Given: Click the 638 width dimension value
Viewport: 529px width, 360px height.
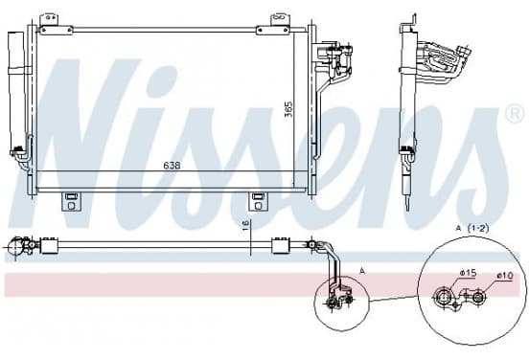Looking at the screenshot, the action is coord(172,166).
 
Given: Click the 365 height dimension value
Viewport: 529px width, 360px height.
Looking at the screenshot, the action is coord(288,109).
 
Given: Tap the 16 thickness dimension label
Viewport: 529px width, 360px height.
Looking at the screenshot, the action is coord(245,225).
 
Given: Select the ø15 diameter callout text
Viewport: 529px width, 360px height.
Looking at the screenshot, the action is coord(468,273).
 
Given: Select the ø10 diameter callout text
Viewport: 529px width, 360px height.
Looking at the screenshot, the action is coord(505,276).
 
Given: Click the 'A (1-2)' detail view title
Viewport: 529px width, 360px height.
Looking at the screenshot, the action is coord(472,228).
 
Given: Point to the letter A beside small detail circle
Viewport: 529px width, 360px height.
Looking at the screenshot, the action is coord(362,270).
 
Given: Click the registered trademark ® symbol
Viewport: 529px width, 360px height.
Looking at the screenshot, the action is coord(515,114).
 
